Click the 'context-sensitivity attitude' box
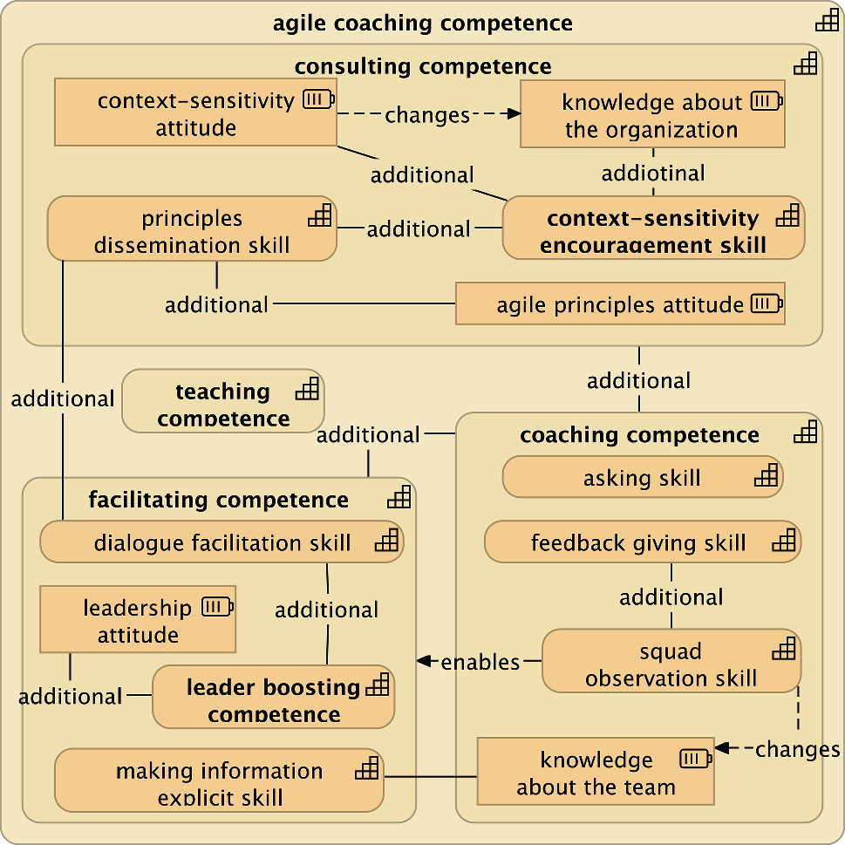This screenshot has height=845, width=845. pos(195,113)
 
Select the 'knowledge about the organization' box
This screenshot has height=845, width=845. pos(652,116)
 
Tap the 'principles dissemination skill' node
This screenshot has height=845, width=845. pos(192,231)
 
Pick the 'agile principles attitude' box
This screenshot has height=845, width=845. pos(620,304)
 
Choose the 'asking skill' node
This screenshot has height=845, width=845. pos(642,478)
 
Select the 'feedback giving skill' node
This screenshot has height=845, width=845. pos(642,543)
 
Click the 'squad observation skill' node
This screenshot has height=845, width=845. pos(671,664)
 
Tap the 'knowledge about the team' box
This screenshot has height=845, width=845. pos(596,773)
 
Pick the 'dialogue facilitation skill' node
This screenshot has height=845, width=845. pos(221,543)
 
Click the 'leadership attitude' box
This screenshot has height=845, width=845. pos(138,621)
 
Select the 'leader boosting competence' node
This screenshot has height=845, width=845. pos(273,699)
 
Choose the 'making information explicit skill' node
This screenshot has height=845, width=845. pos(219,782)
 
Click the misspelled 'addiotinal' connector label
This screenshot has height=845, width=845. pos(653,173)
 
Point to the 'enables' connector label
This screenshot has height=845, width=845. pos(480,662)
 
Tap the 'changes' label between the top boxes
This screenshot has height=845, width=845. pos(427,115)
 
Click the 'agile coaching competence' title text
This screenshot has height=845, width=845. pos(423,23)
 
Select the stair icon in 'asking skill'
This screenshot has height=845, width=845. pos(766,475)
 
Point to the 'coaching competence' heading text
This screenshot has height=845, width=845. pos(639,435)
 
